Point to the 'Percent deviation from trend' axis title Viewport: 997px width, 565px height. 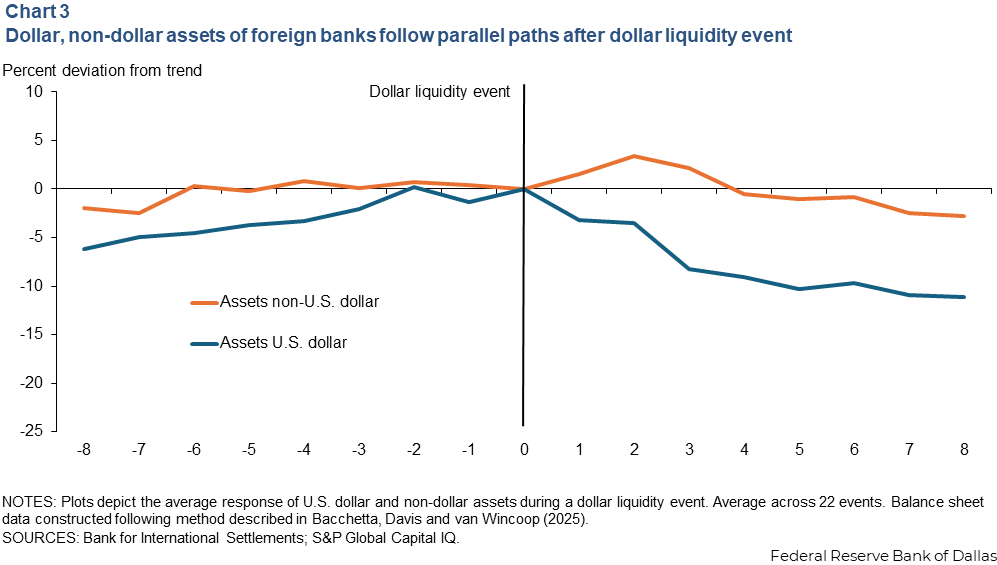[102, 71]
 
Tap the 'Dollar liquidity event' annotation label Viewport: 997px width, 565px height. [440, 91]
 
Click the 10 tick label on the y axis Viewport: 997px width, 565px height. [36, 91]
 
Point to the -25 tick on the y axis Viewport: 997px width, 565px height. [32, 432]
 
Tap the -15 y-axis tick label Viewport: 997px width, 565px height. [32, 335]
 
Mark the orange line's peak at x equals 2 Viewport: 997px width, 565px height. [633, 156]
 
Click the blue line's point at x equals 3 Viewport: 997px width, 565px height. [688, 269]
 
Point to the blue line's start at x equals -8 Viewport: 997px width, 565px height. [83, 249]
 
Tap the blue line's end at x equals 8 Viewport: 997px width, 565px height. [963, 297]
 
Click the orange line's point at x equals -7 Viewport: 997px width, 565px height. [138, 213]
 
